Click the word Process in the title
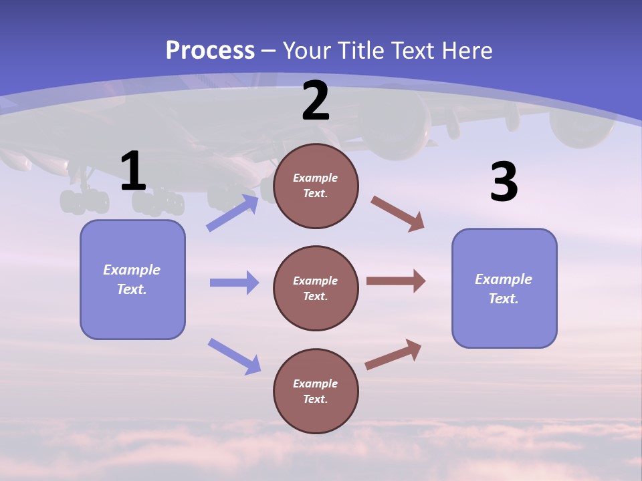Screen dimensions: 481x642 [210, 50]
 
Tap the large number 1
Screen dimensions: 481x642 [133, 172]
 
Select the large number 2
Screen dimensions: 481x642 [316, 101]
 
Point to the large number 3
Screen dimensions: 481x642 [504, 182]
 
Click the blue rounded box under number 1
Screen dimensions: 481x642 [132, 279]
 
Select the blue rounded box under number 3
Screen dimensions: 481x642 [504, 288]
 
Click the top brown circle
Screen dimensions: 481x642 [316, 186]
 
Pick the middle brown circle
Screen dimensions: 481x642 [316, 288]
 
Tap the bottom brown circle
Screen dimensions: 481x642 [316, 391]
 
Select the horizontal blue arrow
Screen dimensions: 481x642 [234, 283]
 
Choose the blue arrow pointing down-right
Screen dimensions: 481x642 [234, 356]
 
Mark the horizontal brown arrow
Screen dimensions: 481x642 [396, 281]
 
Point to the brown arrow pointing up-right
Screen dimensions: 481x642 [393, 355]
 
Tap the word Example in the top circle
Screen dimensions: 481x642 [316, 178]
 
